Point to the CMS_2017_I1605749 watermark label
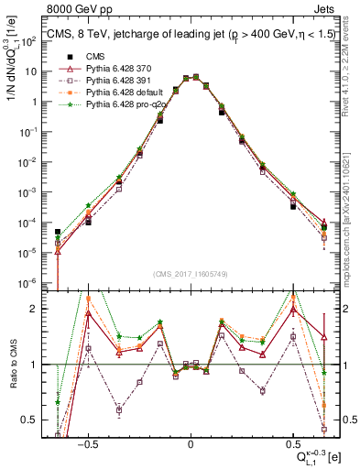[x=191, y=275]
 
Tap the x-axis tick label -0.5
[x=87, y=441]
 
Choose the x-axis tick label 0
[x=191, y=441]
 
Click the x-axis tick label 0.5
[x=292, y=441]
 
